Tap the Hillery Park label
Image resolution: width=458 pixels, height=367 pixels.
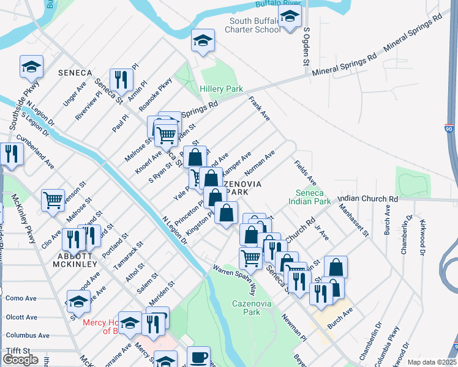coord(221,89)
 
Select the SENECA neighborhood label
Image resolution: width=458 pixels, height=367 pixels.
coord(75,73)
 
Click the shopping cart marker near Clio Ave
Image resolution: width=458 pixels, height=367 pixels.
coord(53,199)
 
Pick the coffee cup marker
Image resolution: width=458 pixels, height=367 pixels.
coord(198,357)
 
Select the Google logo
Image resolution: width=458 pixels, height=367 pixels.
coord(20,360)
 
